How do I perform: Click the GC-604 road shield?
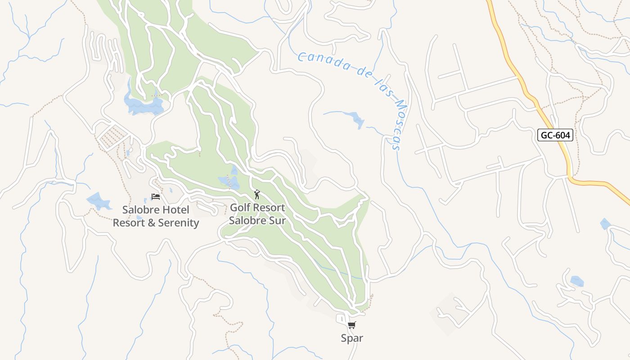click(x=555, y=135)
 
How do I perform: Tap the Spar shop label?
click(x=352, y=338)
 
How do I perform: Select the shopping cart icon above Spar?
click(x=352, y=325)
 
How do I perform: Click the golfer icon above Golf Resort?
click(x=257, y=194)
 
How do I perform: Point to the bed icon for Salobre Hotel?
click(x=156, y=196)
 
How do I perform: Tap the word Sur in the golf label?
click(x=275, y=220)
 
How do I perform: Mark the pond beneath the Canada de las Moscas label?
click(x=358, y=120)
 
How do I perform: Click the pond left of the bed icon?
click(x=99, y=201)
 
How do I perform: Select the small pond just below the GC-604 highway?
click(x=605, y=224)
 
